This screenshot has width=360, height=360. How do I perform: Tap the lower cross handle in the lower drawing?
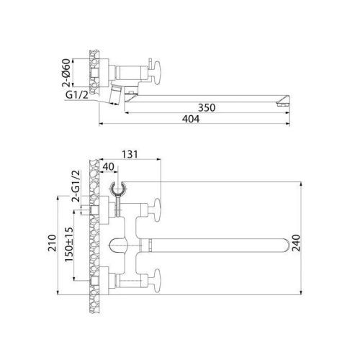[156, 279]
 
